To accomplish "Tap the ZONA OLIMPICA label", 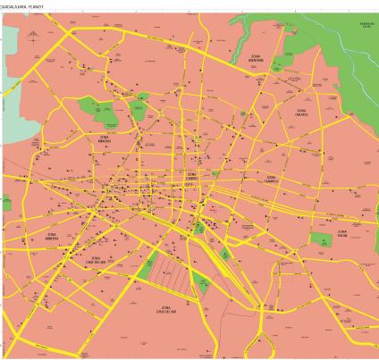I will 271,180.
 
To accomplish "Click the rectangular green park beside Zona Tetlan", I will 321,239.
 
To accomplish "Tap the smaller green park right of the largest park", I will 139,110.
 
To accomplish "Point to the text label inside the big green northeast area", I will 365,25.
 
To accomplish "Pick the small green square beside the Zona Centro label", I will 215,176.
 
